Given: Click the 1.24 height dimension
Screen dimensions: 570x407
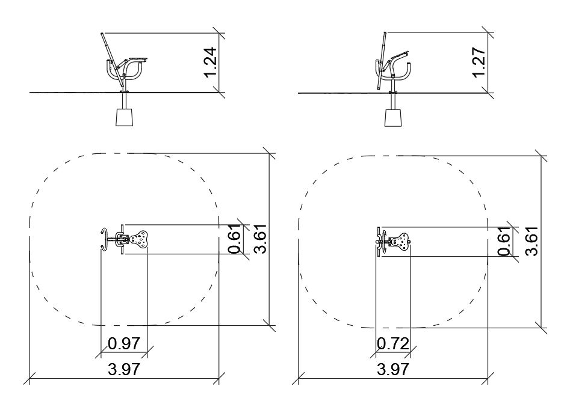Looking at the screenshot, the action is click(211, 63).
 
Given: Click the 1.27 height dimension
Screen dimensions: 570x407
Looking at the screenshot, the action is click(479, 63).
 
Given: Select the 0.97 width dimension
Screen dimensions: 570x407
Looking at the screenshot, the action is click(124, 343).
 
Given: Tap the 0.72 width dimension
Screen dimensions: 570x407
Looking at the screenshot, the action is click(393, 343).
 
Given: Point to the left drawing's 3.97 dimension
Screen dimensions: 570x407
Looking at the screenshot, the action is click(124, 369).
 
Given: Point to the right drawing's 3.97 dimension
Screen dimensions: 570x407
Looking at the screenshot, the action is click(393, 369).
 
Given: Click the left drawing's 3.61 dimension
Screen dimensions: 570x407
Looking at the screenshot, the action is click(261, 239).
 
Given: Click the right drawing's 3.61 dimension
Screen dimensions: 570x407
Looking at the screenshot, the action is click(531, 241).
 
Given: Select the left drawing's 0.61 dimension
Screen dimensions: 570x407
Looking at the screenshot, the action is click(235, 239).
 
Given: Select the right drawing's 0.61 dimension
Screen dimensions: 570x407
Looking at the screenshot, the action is click(505, 241).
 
